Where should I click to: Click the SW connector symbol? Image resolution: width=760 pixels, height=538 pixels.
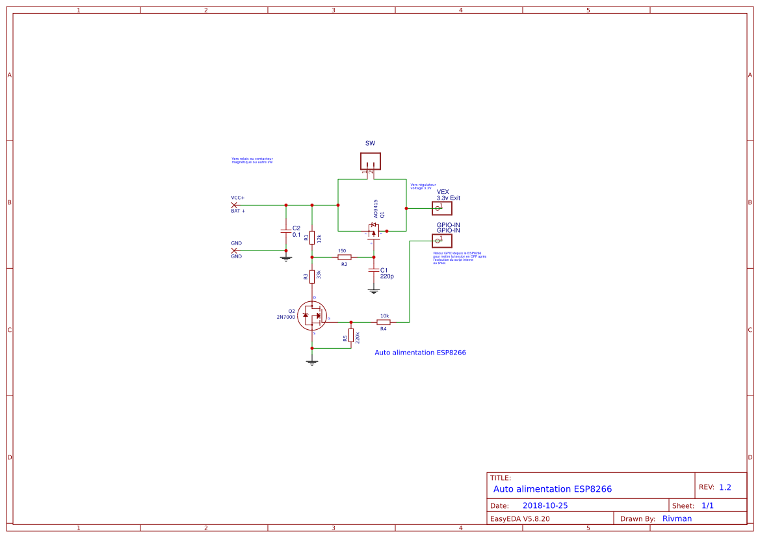[371, 161]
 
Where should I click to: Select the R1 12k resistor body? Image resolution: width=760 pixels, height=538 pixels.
[312, 237]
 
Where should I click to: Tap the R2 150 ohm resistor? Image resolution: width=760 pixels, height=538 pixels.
[344, 257]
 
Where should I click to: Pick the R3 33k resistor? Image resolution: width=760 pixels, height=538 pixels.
[312, 276]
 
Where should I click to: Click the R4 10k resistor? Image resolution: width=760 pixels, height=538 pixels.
[384, 322]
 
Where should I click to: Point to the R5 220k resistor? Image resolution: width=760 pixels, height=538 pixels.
[351, 336]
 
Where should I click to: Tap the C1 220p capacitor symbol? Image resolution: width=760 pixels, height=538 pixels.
[374, 269]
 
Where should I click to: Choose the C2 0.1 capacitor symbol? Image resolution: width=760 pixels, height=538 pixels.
[285, 231]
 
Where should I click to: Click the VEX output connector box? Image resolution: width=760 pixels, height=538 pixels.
[442, 208]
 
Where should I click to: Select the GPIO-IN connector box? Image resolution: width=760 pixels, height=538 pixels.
[442, 241]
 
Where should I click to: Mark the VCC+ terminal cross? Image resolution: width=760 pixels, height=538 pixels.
[234, 205]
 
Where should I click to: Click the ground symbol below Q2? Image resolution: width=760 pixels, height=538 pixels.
[312, 362]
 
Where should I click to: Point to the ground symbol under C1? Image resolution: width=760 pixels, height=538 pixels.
[374, 291]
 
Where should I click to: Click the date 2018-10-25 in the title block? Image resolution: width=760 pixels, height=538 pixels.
[545, 505]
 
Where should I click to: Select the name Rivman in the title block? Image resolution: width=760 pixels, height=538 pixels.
[677, 518]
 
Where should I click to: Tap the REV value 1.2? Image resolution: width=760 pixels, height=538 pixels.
[725, 487]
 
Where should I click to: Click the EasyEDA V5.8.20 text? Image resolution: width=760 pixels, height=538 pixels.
[520, 518]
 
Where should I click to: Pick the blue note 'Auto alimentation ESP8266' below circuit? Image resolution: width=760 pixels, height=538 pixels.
[420, 353]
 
